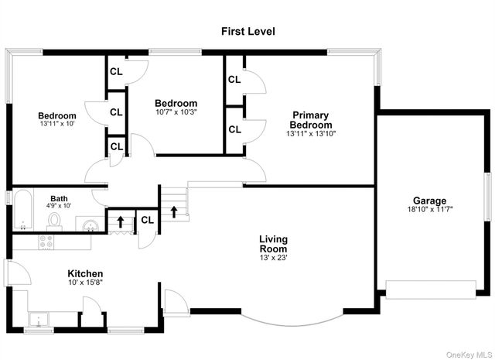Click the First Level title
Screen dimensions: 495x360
247,31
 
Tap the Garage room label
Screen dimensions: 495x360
430,201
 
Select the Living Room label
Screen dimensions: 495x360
273,244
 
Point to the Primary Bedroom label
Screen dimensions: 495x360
311,120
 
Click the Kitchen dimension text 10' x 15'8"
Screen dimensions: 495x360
86,283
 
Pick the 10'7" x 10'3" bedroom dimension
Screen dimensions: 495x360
176,112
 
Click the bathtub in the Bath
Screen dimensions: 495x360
23,210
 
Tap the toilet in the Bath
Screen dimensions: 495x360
55,221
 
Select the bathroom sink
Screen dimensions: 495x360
90,225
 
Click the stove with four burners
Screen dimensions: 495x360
46,242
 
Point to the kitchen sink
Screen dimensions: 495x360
39,319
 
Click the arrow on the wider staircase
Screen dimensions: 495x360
174,212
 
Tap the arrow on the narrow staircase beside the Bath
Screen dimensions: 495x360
121,221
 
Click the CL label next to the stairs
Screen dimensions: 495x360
148,220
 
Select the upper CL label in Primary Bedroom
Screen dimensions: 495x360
234,79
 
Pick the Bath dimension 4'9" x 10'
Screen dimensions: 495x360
59,206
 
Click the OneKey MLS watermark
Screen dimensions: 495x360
469,355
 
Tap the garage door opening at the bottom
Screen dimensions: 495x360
431,290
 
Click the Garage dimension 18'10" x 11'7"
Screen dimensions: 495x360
430,209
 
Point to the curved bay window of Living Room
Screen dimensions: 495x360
292,323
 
